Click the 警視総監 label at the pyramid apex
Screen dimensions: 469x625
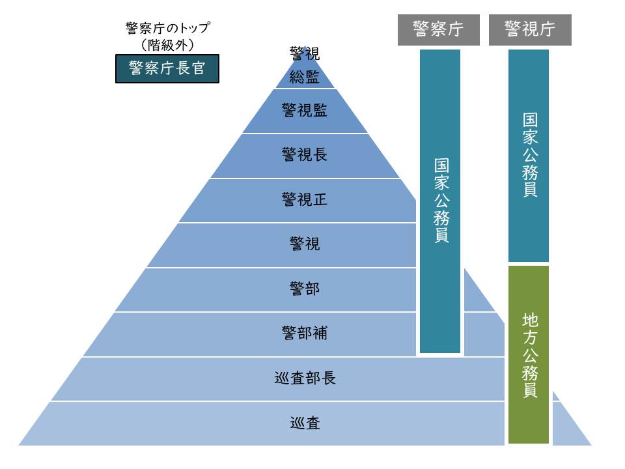click(x=304, y=66)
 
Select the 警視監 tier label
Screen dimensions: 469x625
click(x=304, y=111)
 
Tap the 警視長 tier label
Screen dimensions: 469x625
click(x=304, y=155)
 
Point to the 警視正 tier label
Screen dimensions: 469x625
click(x=304, y=199)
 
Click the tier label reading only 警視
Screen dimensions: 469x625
click(x=304, y=244)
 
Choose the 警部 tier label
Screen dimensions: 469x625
click(x=304, y=289)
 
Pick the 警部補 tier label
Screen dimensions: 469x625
click(x=304, y=334)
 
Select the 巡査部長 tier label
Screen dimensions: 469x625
click(x=305, y=378)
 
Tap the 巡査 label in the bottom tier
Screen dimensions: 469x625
click(x=305, y=423)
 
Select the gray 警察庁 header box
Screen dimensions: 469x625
click(x=439, y=30)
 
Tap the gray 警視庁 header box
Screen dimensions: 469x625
click(x=530, y=30)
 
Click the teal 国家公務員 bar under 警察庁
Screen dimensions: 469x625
click(x=440, y=201)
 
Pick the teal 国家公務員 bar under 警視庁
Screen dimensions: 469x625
click(x=529, y=155)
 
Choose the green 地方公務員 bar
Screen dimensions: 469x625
click(x=529, y=354)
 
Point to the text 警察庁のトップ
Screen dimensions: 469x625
click(x=167, y=28)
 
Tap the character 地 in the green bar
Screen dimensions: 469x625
click(x=529, y=320)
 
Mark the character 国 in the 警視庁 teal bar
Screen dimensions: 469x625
click(x=529, y=121)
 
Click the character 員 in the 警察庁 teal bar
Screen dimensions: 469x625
click(x=441, y=235)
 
